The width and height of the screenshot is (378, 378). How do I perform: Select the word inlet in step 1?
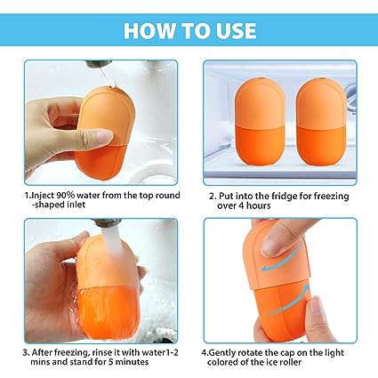[75, 205]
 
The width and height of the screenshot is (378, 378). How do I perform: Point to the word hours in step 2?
[258, 205]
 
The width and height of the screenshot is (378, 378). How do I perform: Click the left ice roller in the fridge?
[259, 122]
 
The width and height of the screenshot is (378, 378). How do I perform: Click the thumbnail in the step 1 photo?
[104, 136]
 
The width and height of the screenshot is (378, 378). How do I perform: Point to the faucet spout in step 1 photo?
[98, 63]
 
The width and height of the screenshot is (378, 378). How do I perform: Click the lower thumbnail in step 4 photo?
[316, 309]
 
